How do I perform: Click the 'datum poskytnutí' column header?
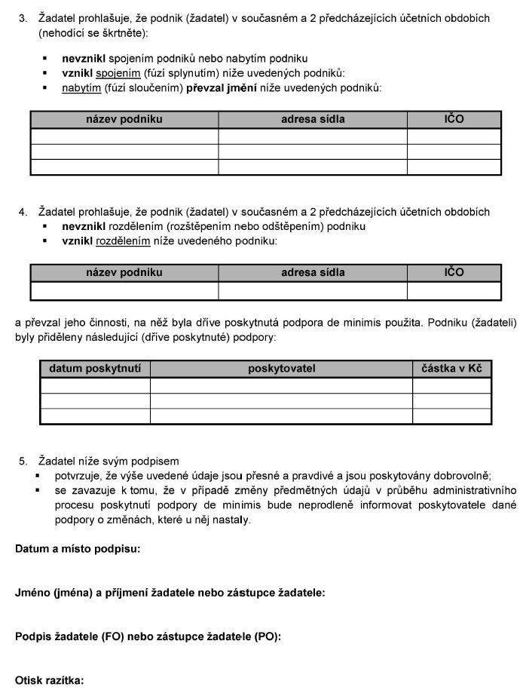click(95, 369)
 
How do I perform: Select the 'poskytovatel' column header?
click(281, 369)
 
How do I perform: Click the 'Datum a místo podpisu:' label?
click(78, 549)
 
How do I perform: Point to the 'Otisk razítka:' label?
click(49, 680)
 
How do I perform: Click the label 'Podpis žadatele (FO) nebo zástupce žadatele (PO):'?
click(148, 636)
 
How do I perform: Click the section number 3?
click(23, 18)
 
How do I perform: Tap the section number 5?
click(23, 461)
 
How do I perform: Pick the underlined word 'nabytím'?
click(81, 88)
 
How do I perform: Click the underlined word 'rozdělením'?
click(124, 241)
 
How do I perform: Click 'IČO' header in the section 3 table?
click(454, 119)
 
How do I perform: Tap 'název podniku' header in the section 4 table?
click(124, 272)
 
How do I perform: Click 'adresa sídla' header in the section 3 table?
click(313, 119)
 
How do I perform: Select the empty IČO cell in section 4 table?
click(454, 291)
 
